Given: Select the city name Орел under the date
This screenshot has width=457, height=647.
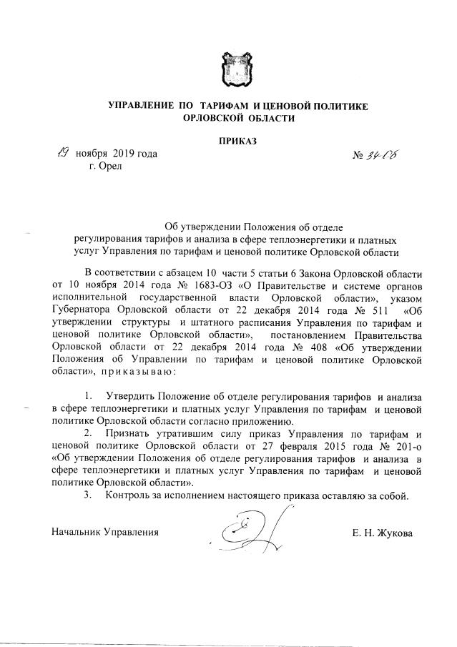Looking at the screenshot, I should [110, 166].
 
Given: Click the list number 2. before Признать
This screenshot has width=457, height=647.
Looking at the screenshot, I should [89, 433].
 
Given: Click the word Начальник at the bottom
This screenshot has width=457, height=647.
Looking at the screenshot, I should [77, 533].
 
